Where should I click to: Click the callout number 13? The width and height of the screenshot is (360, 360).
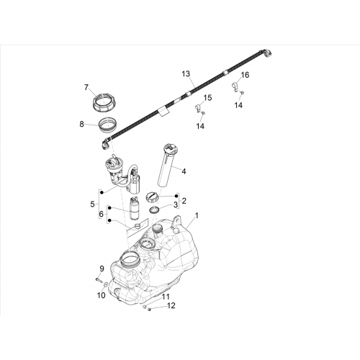click(x=186, y=74)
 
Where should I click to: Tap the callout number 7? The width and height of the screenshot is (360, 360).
click(x=86, y=87)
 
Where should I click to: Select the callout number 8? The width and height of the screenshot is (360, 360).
click(x=82, y=125)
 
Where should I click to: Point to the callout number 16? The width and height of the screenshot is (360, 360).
click(x=245, y=75)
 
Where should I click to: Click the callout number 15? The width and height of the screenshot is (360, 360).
click(x=208, y=98)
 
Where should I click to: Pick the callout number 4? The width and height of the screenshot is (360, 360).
click(x=184, y=171)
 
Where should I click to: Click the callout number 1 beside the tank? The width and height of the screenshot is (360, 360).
click(x=197, y=215)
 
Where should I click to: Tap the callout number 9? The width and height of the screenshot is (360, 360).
click(x=102, y=269)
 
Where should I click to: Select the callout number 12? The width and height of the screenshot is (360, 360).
click(x=171, y=305)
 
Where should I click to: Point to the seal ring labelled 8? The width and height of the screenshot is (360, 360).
click(x=107, y=124)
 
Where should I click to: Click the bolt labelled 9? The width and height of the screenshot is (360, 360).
click(x=99, y=279)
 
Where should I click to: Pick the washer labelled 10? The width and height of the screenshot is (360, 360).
click(x=105, y=284)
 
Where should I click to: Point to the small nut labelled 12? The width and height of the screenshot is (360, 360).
click(x=149, y=309)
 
